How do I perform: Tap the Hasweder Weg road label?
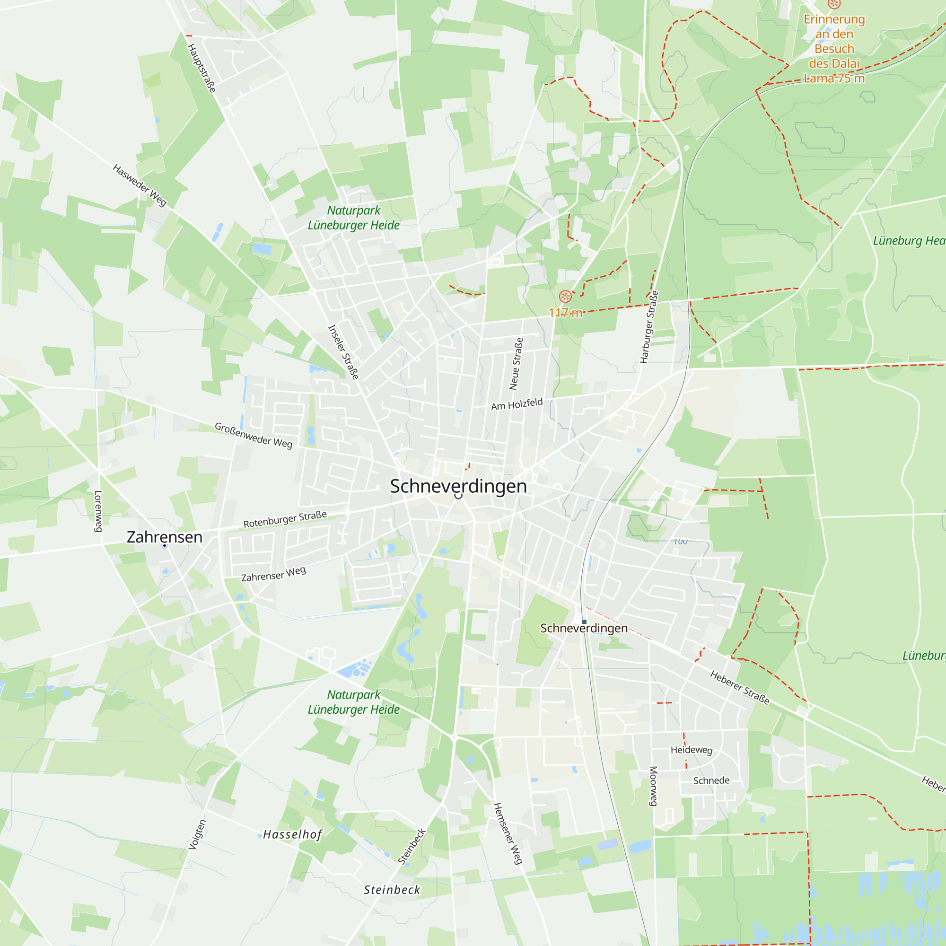(140, 185)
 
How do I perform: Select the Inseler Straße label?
(343, 351)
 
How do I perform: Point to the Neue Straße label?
(516, 363)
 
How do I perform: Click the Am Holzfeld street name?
(517, 404)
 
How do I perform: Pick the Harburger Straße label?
(649, 326)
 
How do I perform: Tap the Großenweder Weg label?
(254, 435)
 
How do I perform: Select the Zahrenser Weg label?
(273, 574)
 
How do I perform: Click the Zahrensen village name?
(165, 537)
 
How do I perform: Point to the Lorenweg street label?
(98, 511)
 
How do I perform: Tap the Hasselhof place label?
(292, 834)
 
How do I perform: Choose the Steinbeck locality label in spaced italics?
(392, 890)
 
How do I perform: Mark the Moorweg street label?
(653, 786)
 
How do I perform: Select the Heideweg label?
(692, 750)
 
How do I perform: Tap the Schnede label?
(711, 780)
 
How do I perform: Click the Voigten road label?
(197, 834)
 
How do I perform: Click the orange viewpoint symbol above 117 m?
(565, 296)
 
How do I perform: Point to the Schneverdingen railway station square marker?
(584, 622)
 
